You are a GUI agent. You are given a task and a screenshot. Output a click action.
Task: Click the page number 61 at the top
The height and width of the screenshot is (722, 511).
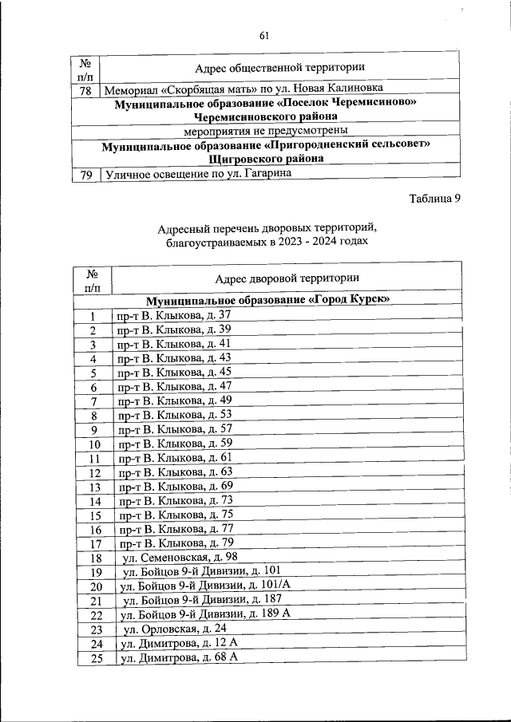265,35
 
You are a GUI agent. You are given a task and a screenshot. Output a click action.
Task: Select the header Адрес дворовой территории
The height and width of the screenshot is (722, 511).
287,278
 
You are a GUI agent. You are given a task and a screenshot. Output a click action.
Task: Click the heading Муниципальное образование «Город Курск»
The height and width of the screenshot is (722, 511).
267,301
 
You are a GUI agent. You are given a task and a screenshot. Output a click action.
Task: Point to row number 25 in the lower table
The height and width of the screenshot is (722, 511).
95,658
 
